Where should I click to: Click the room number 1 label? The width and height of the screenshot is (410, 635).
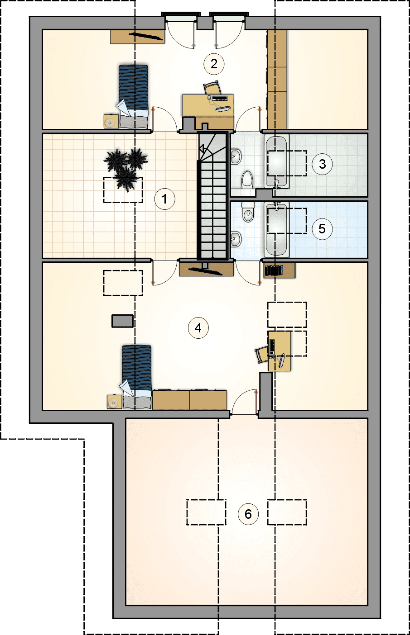(165, 199)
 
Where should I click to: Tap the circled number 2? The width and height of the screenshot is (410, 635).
(214, 64)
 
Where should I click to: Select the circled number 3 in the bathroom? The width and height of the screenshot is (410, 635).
(322, 164)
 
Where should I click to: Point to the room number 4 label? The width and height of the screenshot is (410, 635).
(198, 328)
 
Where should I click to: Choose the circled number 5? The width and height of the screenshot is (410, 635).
(322, 228)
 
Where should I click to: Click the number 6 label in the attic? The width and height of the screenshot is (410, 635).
(248, 514)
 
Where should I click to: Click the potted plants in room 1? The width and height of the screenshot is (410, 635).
(126, 169)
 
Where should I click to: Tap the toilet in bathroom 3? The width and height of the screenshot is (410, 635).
(247, 180)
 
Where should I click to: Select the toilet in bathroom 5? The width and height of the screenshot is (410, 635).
(248, 212)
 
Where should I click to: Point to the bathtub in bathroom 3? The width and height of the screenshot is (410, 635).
(276, 161)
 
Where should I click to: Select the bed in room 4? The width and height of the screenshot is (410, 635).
(136, 377)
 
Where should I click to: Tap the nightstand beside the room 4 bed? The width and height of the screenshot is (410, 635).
(115, 402)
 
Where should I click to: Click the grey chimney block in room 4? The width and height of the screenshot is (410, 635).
(122, 321)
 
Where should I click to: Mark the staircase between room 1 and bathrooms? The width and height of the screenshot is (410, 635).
(212, 195)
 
